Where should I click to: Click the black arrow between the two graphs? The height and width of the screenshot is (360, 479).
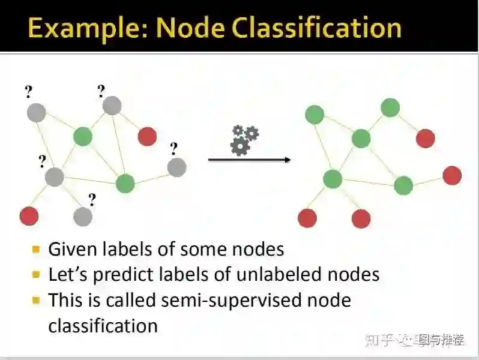click(249, 160)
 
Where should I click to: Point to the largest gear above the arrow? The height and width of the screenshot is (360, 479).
click(240, 146)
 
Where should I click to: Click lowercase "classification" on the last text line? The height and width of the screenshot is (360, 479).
click(103, 326)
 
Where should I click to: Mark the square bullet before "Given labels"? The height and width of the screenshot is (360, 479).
click(37, 248)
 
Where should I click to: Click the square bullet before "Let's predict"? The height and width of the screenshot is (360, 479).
click(37, 274)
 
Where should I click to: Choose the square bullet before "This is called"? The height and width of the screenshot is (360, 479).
click(37, 299)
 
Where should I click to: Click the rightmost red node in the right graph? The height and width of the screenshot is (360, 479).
click(452, 175)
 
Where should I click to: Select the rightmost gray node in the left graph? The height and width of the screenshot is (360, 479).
click(176, 167)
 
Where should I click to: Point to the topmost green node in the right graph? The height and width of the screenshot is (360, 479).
click(390, 108)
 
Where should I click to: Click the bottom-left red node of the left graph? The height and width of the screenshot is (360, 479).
click(29, 215)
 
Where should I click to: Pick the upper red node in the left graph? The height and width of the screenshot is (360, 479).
click(147, 136)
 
